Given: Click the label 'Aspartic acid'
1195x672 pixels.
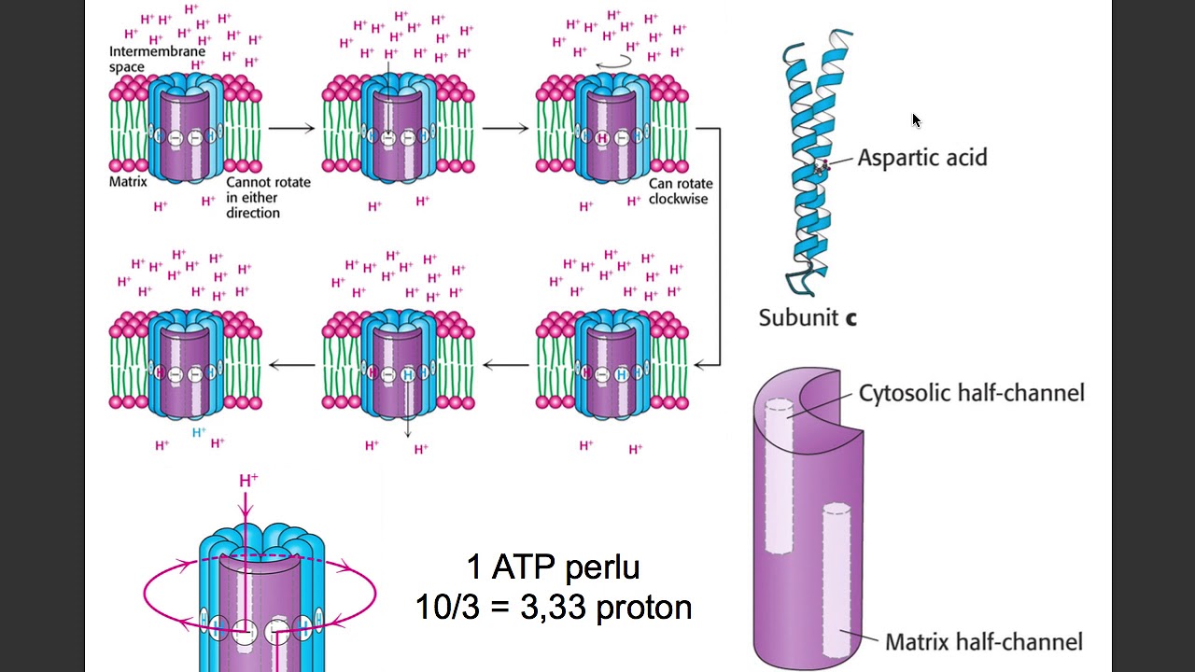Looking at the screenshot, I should (x=921, y=158).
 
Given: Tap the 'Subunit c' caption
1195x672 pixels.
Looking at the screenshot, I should (x=808, y=317).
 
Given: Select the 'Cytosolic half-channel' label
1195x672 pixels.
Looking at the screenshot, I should (x=971, y=393).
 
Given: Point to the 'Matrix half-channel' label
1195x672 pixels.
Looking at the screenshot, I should (x=983, y=642).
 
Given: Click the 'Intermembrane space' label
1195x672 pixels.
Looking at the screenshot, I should (x=157, y=59).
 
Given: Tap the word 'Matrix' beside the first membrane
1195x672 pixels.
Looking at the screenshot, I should (x=128, y=181).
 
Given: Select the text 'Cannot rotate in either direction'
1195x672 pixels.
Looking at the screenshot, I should (x=267, y=197).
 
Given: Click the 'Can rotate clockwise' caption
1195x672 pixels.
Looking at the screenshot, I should (x=679, y=190).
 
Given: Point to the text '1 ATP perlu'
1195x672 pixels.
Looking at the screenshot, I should (x=553, y=567).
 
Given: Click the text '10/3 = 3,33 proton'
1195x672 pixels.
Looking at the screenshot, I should (x=554, y=608).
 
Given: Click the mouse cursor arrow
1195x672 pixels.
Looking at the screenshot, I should (x=917, y=120).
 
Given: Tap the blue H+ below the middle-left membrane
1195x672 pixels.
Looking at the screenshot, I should (x=199, y=432).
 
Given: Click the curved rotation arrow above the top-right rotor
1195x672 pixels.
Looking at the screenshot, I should (x=613, y=59).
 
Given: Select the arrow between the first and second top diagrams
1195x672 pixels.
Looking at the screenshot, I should (x=291, y=128).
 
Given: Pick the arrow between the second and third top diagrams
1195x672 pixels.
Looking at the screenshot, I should (x=505, y=128).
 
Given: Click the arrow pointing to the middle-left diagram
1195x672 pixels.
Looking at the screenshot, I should (x=291, y=365).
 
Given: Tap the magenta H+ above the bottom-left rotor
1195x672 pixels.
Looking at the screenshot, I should (x=248, y=481).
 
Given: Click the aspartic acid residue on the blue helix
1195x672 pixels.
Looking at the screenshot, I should (x=822, y=168).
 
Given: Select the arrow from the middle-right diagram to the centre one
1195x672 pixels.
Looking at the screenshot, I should (x=505, y=365).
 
